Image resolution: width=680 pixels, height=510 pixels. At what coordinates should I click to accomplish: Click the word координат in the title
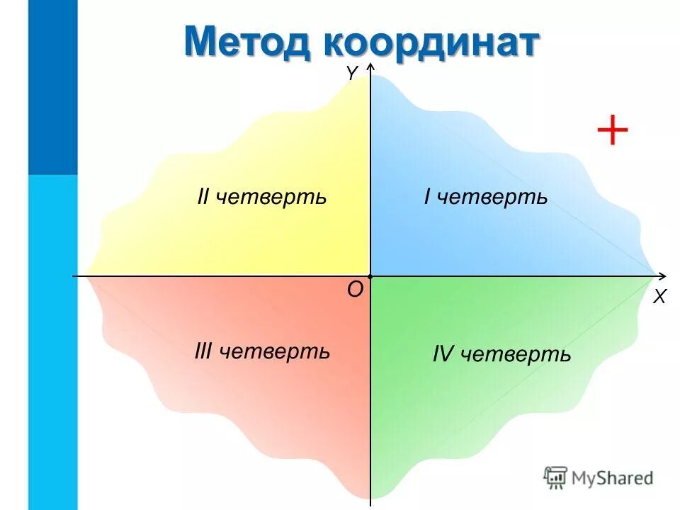coord(431,42)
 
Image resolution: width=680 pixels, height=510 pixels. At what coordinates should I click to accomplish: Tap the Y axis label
coord(352,72)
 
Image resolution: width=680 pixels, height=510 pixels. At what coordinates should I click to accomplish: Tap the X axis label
coord(659,297)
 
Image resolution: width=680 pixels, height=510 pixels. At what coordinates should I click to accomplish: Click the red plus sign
coord(613,131)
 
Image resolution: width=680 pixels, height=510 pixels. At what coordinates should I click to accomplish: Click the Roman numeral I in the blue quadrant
coord(427,197)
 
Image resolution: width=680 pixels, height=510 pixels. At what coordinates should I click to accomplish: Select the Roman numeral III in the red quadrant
coord(204,351)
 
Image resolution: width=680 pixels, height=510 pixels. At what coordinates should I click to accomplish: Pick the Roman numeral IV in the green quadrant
coord(443,353)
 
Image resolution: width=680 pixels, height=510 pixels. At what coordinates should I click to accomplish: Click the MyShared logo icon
coord(556,478)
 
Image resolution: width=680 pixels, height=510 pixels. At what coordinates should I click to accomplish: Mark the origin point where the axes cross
coord(370,275)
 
